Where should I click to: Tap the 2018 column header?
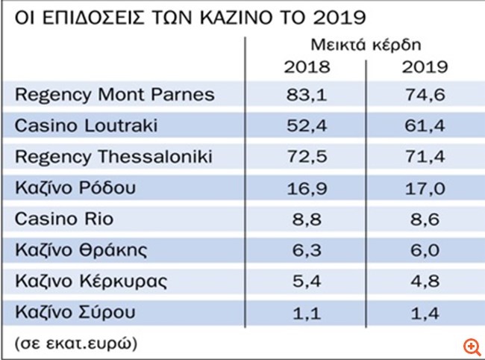point(307,67)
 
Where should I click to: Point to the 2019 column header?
point(424,67)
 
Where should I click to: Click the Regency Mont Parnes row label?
point(115,95)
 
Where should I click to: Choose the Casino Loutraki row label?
point(87,126)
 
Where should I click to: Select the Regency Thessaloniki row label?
point(114,157)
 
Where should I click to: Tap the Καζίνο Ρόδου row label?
point(75,187)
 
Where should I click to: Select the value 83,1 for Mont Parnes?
point(307,95)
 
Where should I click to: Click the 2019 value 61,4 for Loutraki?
point(424,126)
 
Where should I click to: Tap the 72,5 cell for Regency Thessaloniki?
point(307,157)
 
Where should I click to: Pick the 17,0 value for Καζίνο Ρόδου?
point(424,187)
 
